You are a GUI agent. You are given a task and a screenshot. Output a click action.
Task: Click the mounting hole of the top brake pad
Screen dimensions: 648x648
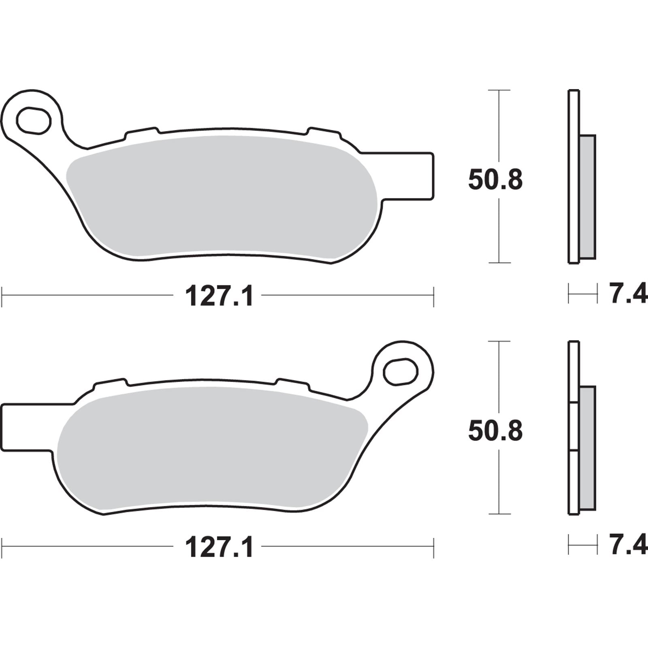[x=33, y=120]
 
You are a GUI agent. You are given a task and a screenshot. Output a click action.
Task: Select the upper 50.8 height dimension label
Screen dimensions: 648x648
[x=495, y=180]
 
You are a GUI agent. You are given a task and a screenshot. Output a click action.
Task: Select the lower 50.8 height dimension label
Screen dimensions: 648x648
[x=495, y=431]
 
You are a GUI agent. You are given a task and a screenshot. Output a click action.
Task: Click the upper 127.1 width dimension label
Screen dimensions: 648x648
[x=219, y=296]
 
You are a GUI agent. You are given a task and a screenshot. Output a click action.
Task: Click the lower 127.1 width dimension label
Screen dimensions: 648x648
[x=219, y=548]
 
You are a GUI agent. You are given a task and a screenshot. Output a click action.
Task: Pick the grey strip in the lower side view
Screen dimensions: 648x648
[x=588, y=448]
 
